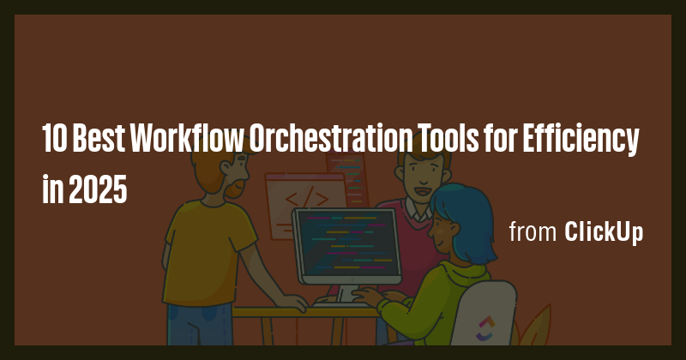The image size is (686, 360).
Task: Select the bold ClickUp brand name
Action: (x=604, y=232)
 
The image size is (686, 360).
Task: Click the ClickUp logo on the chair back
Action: (x=485, y=325)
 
